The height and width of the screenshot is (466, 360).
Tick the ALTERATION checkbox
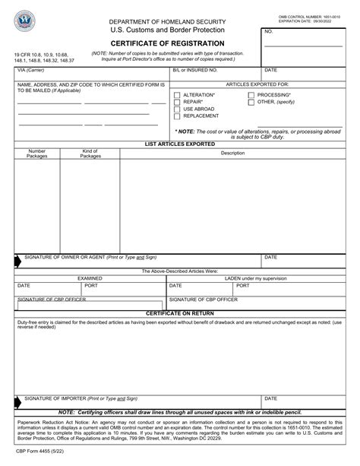coord(177,94)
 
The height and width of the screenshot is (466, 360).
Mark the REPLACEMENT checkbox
coord(177,116)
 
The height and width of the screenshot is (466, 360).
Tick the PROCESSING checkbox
coord(251,94)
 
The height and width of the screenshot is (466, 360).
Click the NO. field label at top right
coord(269,32)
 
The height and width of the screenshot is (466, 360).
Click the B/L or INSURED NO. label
coord(195,69)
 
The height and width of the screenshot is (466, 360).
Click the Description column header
coord(232,154)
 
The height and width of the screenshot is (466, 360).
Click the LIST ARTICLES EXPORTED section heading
coord(178,143)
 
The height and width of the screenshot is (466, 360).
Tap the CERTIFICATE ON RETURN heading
coord(178,313)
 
